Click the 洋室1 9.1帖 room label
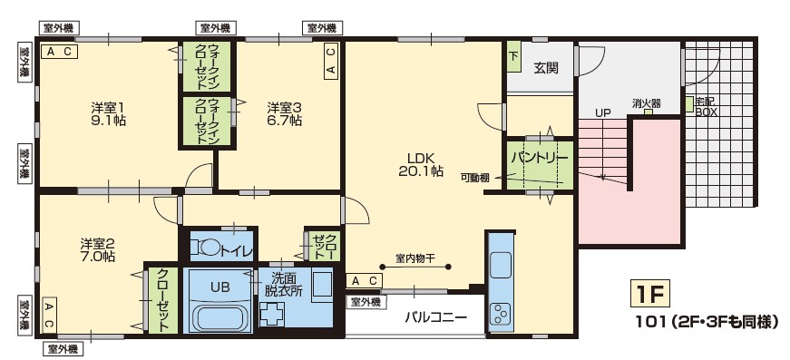click(x=108, y=115)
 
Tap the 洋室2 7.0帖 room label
click(x=97, y=250)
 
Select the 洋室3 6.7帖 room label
click(x=284, y=115)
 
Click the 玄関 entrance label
click(x=546, y=67)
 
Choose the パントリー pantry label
click(x=540, y=157)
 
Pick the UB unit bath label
click(x=219, y=286)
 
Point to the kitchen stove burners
click(x=501, y=315)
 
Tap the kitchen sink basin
click(x=501, y=266)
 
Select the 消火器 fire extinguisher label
click(x=647, y=102)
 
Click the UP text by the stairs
click(x=603, y=112)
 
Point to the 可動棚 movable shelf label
click(x=475, y=178)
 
